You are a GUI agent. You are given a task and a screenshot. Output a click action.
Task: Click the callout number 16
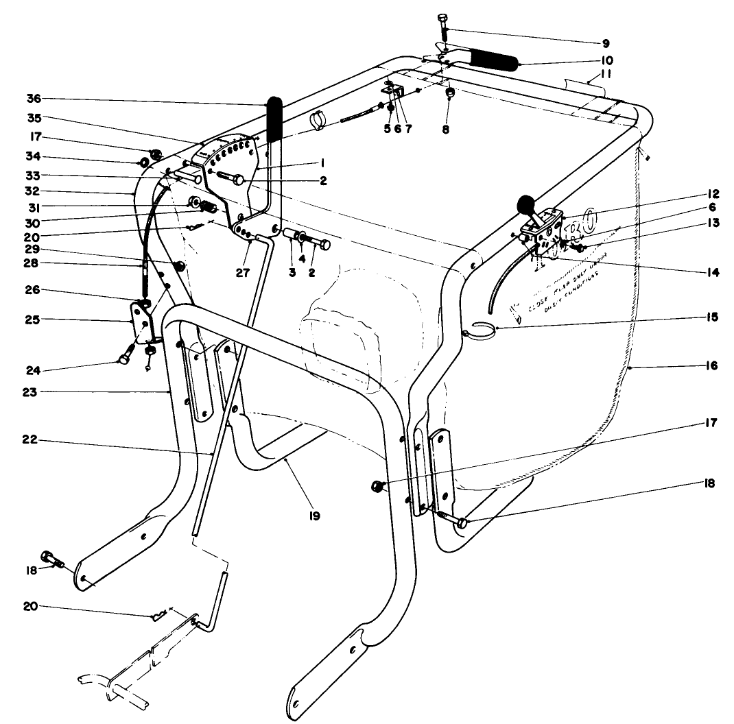[x=710, y=366]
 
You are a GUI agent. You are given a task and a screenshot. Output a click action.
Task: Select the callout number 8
[x=446, y=128]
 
